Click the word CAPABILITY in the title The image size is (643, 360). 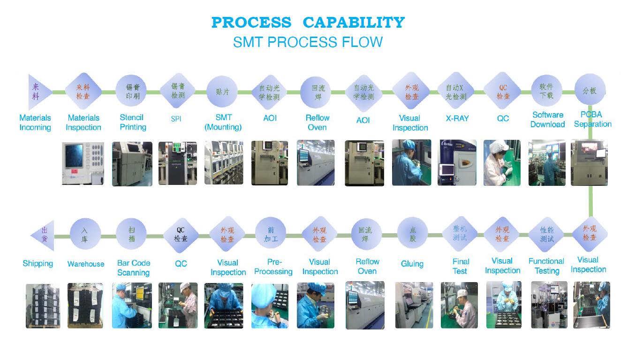pyautogui.click(x=354, y=23)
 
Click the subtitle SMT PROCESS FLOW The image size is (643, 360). pyautogui.click(x=308, y=42)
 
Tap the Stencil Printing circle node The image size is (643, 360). pyautogui.click(x=131, y=91)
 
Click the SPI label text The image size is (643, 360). pyautogui.click(x=176, y=119)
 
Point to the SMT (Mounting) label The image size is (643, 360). pyautogui.click(x=223, y=123)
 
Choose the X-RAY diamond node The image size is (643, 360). pyautogui.click(x=456, y=92)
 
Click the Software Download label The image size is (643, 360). pyautogui.click(x=547, y=120)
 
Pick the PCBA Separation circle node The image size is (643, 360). pyautogui.click(x=590, y=90)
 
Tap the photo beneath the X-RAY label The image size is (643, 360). pyautogui.click(x=457, y=162)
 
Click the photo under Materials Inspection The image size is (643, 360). pyautogui.click(x=83, y=163)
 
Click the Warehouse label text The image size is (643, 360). pyautogui.click(x=86, y=264)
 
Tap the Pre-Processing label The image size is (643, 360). pyautogui.click(x=273, y=267)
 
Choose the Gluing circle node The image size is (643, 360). pyautogui.click(x=412, y=233)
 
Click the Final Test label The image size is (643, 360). pyautogui.click(x=461, y=267)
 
